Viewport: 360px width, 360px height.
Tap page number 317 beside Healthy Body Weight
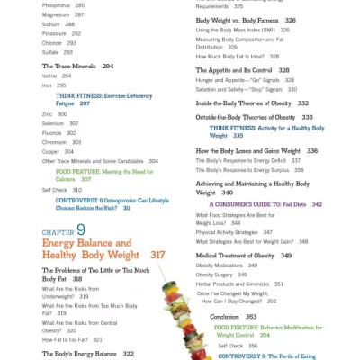(x=157, y=256)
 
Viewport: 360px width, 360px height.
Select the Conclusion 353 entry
(x=233, y=317)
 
